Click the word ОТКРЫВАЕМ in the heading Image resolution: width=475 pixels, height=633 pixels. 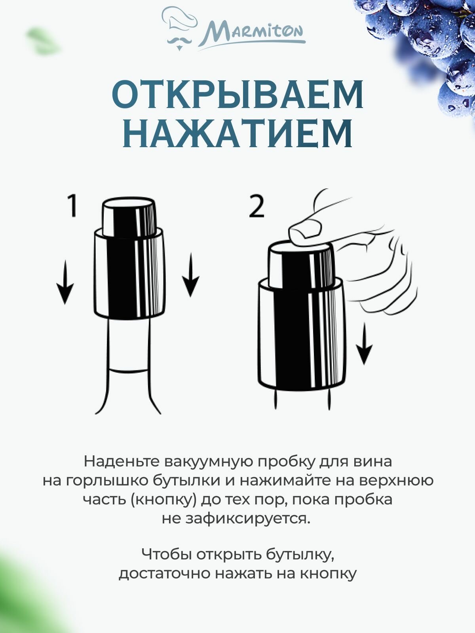[x=237, y=95]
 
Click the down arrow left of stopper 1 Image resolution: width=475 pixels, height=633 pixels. [x=65, y=282]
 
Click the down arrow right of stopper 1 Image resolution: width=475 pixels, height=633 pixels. [x=190, y=276]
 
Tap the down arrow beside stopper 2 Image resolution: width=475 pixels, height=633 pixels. [x=364, y=344]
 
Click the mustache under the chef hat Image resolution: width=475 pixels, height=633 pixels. [x=179, y=41]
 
